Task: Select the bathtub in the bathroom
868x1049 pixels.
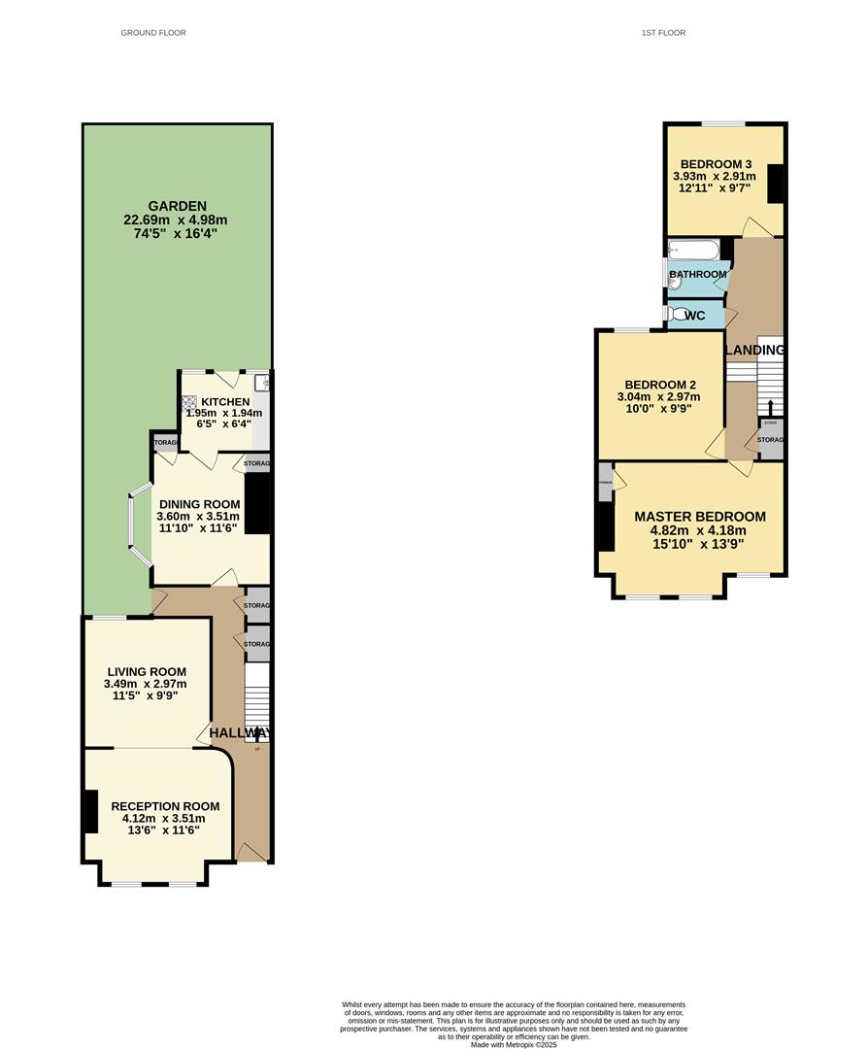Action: [693, 252]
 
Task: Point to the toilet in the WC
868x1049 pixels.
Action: [676, 315]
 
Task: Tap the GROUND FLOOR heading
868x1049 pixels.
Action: [153, 33]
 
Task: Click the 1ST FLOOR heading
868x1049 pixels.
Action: [663, 33]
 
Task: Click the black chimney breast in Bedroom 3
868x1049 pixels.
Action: [776, 185]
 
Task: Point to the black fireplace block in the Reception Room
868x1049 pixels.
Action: [90, 812]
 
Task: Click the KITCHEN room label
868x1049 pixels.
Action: [225, 402]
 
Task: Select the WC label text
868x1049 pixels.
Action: [695, 316]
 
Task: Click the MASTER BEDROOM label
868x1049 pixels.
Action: [699, 517]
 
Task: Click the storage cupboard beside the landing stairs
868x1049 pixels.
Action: [770, 439]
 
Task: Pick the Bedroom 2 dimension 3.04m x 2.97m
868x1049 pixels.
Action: [657, 396]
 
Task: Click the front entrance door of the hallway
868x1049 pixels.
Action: [251, 853]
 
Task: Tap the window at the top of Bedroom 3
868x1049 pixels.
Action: [724, 123]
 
